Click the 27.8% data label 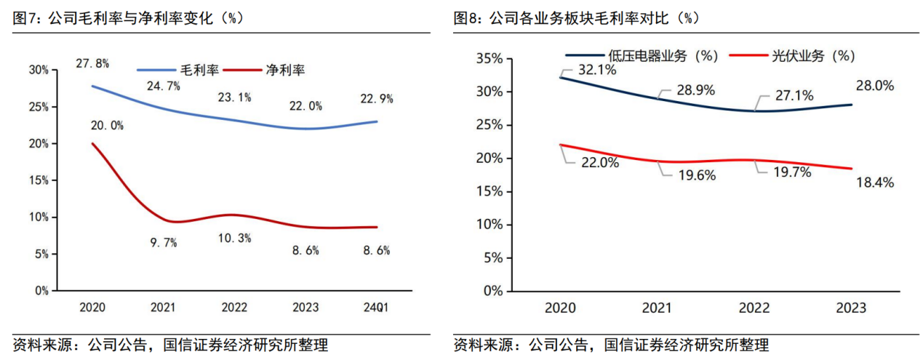click(x=92, y=63)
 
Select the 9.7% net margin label click(x=163, y=243)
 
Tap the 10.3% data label click(x=235, y=238)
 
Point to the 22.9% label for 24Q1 click(x=374, y=98)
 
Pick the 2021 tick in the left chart click(x=163, y=307)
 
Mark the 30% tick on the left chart click(x=38, y=70)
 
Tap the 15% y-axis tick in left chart click(x=38, y=180)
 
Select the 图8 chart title click(x=575, y=18)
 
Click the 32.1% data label click(x=597, y=70)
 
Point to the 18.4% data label click(x=874, y=183)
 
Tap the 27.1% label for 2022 click(x=794, y=95)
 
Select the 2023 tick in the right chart click(x=852, y=308)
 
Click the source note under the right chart click(x=611, y=345)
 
